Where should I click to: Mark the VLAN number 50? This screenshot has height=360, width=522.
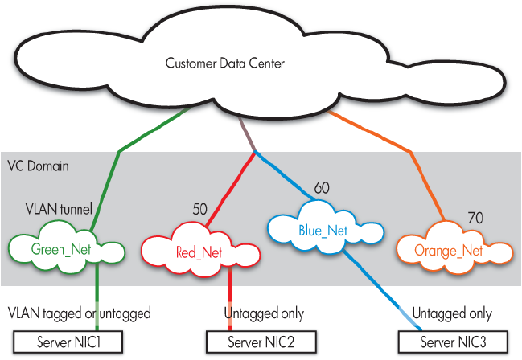pos(200,208)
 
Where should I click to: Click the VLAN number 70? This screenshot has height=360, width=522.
pos(476,218)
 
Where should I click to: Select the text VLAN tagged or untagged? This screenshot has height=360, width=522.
pos(79,312)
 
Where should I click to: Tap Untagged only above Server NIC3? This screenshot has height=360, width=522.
pos(451,313)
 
